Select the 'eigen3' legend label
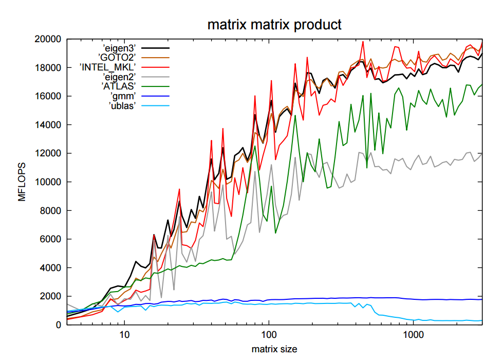119,48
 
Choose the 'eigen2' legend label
119,77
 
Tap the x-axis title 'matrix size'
274,349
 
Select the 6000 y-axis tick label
51,239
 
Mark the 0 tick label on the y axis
59,325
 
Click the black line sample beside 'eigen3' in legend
157,48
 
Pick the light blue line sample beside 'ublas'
157,106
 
